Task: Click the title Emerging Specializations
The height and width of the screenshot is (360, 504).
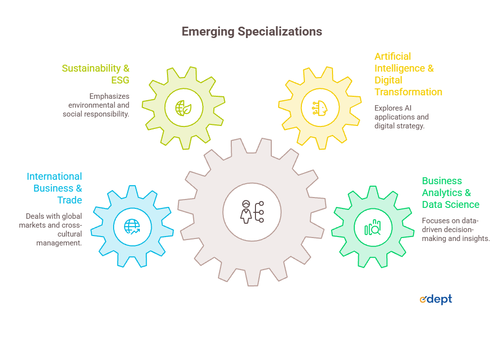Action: (252, 32)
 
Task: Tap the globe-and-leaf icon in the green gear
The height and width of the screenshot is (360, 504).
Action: (183, 108)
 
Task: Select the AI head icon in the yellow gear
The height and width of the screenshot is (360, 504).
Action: (320, 108)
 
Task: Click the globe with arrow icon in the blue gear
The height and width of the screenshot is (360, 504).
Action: (132, 227)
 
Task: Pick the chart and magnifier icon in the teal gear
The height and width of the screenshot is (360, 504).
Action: (373, 228)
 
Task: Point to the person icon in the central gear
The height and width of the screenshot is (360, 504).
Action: (246, 212)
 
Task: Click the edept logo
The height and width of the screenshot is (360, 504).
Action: (436, 299)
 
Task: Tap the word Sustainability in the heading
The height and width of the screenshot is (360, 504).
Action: (91, 69)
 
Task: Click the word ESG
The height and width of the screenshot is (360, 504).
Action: (120, 80)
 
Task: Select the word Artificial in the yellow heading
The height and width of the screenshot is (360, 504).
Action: (393, 56)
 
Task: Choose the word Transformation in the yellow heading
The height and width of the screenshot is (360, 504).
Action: (408, 92)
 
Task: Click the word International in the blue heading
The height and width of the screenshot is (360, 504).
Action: (54, 176)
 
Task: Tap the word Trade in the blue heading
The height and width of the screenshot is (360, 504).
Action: (70, 200)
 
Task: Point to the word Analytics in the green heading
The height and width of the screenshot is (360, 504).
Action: (442, 193)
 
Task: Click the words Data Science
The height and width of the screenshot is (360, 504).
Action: (451, 204)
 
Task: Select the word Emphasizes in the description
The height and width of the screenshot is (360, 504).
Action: (109, 96)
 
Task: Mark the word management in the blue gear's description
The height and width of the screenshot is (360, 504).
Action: (59, 243)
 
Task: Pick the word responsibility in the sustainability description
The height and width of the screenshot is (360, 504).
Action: (108, 115)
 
